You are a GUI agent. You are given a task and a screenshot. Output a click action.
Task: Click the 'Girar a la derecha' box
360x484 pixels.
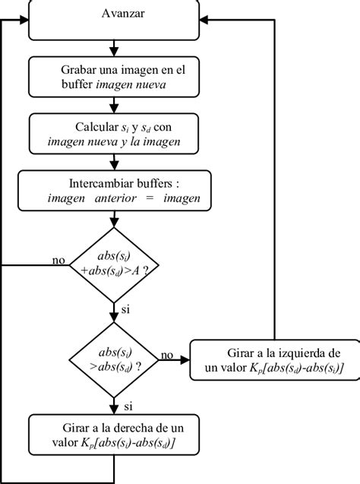click(114, 434)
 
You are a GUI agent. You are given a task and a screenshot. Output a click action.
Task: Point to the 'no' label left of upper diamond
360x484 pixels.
click(58, 260)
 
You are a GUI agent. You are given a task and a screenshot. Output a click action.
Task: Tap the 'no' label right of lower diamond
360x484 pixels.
click(167, 354)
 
